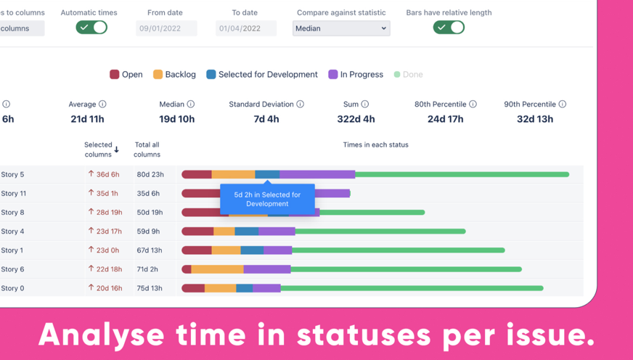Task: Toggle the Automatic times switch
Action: point(91,28)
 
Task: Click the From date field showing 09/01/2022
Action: point(166,28)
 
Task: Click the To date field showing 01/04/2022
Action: point(246,28)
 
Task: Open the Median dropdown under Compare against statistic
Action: point(340,28)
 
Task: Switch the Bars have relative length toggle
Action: point(449,28)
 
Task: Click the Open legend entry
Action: point(126,74)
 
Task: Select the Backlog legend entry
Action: point(174,74)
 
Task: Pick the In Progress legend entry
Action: point(355,74)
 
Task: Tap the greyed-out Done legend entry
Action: point(408,74)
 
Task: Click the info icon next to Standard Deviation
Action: point(300,105)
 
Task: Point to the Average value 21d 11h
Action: point(87,119)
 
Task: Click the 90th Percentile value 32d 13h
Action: point(535,119)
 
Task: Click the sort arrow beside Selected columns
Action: point(117,150)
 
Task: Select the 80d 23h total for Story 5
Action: point(150,175)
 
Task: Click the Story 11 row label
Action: point(14,194)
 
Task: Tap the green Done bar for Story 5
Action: point(462,175)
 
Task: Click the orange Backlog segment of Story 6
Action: point(217,269)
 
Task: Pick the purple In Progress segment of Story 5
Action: point(317,175)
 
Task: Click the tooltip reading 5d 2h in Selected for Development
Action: point(267,199)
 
